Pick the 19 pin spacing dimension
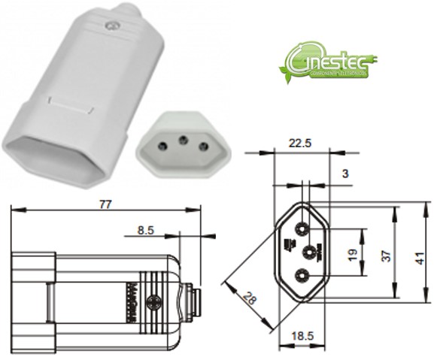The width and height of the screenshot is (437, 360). click(352, 254)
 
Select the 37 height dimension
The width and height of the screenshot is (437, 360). click(385, 254)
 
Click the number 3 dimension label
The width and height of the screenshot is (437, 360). click(344, 174)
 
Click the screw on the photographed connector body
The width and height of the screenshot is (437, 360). click(112, 26)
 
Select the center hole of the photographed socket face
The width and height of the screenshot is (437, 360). click(180, 139)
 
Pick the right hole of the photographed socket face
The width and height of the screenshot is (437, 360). click(201, 146)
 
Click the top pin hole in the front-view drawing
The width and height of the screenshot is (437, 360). click(302, 228)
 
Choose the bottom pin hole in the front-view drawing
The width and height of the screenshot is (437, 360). click(302, 276)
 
